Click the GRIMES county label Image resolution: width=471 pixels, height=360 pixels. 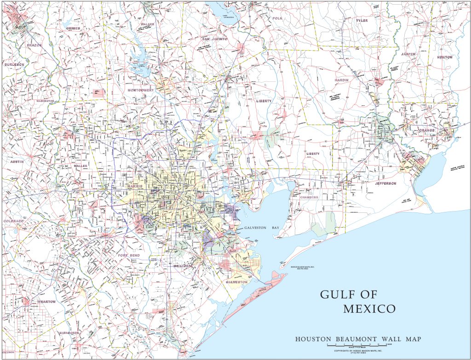tap(73, 28)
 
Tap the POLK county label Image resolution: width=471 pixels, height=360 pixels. tap(276, 18)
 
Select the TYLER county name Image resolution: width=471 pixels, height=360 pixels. tap(362, 21)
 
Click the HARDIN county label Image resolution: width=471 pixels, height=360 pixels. tap(342, 80)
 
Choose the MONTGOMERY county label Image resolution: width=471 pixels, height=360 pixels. tap(141, 91)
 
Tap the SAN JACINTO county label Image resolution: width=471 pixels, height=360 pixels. tap(216, 39)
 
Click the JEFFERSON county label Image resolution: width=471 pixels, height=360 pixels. tap(385, 183)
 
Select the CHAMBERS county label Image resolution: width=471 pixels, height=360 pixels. tap(309, 197)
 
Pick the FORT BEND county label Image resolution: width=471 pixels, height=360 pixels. tap(129, 255)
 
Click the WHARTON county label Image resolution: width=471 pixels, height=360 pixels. tap(46, 302)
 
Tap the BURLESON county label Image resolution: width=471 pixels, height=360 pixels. tap(14, 65)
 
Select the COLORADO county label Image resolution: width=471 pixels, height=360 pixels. tap(13, 221)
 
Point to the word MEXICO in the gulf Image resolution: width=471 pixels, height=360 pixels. tap(369, 309)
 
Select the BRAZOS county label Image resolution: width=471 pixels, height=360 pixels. tap(34, 45)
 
